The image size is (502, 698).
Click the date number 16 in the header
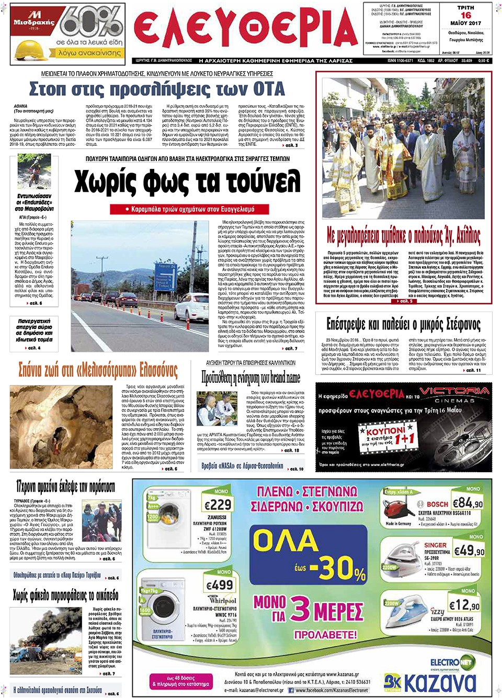pos(465,15)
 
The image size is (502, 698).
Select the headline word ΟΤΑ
pos(268,89)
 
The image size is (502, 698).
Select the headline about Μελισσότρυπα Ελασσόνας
pos(98,370)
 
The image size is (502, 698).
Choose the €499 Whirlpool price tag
pos(220,585)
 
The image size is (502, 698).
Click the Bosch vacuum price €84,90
pos(467,503)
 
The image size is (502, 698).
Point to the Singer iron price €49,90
pos(469,551)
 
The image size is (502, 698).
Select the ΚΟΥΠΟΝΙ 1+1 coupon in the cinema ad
pos(387,435)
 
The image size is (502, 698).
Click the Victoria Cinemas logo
pos(454,394)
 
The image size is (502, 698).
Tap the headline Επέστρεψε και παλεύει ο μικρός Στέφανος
pos(403,324)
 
